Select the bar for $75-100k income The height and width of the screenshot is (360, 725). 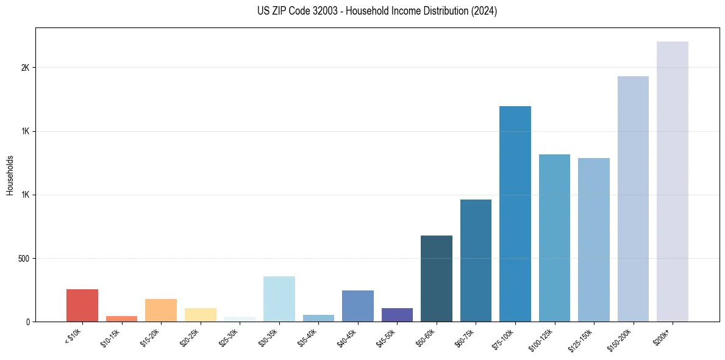(x=515, y=214)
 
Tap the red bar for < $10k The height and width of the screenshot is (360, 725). (x=82, y=305)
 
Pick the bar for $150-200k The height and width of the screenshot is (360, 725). (x=633, y=199)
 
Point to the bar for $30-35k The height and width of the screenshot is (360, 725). (x=279, y=299)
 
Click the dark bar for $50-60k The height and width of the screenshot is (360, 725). (x=437, y=278)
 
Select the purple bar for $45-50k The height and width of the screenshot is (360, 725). (x=397, y=315)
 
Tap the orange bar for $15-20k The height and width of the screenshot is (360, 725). (x=161, y=310)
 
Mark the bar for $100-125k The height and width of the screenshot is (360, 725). (x=554, y=238)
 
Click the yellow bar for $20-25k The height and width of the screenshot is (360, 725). (x=201, y=315)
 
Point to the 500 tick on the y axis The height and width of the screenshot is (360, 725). (x=24, y=258)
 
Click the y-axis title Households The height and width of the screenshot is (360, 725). (x=10, y=175)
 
